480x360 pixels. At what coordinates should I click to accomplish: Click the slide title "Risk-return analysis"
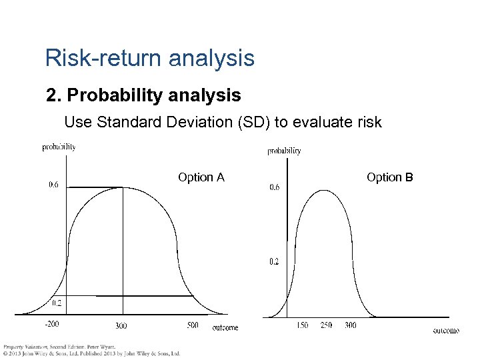pos(149,59)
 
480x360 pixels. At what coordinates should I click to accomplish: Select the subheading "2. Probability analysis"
pos(143,96)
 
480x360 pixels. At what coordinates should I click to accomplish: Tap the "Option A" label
pos(201,177)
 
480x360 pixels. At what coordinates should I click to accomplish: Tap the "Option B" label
pos(389,177)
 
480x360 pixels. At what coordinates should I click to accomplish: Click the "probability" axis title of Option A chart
pos(59,147)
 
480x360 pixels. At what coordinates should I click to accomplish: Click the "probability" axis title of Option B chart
pos(284,151)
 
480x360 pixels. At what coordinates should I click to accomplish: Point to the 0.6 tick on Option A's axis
pos(53,185)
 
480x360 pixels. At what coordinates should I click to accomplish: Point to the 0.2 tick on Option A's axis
pos(57,303)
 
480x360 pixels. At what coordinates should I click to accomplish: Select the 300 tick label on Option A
pos(121,326)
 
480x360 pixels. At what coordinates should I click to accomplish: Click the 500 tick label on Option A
pos(193,325)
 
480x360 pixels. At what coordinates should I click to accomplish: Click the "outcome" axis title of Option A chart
pos(225,327)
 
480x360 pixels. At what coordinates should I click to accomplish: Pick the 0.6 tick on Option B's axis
pos(274,187)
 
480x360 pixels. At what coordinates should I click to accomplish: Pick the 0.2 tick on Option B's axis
pos(274,262)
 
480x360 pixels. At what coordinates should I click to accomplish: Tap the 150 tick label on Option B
pos(302,325)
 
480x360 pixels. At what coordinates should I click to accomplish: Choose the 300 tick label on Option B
pos(349,325)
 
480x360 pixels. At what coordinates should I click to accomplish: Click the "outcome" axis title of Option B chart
pos(445,331)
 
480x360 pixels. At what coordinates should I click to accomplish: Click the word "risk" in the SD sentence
pos(371,122)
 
